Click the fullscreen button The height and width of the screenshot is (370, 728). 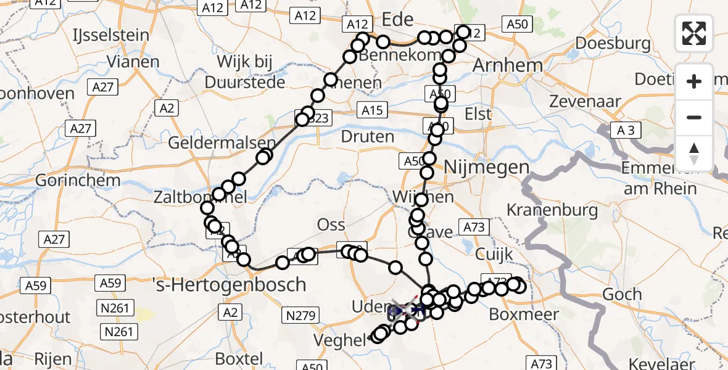coord(694,33)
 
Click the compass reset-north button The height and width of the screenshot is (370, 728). coord(694,154)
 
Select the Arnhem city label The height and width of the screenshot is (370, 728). coord(508,65)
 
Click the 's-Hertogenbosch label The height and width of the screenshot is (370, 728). coord(229,284)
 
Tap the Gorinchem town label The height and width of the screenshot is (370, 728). coord(69,181)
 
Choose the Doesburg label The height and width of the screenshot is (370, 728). coord(613,43)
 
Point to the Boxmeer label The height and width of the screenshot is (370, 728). coord(524,314)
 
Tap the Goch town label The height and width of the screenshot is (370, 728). coord(622,295)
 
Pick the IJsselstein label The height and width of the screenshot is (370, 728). coord(110,34)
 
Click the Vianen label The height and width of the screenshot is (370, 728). coord(133,62)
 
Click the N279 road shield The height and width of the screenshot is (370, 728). coord(301,316)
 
